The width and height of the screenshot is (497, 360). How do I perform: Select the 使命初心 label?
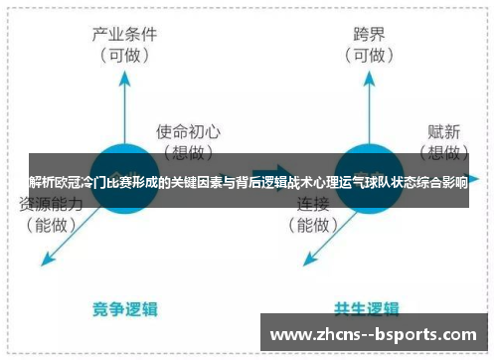pos(188,130)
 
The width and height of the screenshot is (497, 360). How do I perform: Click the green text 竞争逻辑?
pos(124,308)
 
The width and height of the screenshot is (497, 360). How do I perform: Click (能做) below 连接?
pos(314,225)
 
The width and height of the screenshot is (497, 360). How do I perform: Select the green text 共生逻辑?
pos(367,308)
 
